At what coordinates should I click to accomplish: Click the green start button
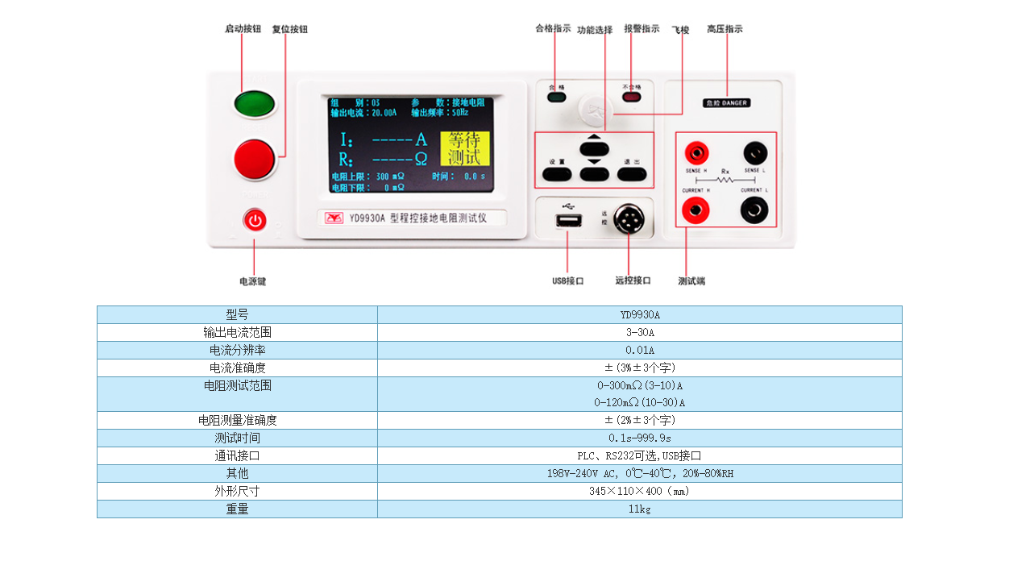point(255,104)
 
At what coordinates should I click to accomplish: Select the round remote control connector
point(629,218)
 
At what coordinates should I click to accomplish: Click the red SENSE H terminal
point(696,152)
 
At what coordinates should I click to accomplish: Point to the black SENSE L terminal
point(755,152)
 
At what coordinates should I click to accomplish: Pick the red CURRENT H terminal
point(696,210)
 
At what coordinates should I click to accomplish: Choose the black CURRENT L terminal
point(754,210)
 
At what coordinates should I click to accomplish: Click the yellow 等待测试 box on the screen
point(465,148)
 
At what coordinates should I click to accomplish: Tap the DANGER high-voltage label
point(726,103)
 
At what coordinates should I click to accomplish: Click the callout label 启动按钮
point(243,29)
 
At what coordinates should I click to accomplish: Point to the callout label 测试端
point(691,281)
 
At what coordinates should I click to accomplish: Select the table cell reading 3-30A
point(639,332)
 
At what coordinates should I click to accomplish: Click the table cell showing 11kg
point(639,509)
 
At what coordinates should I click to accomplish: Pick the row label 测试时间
point(237,438)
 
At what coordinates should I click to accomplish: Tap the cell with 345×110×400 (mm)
point(639,492)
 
